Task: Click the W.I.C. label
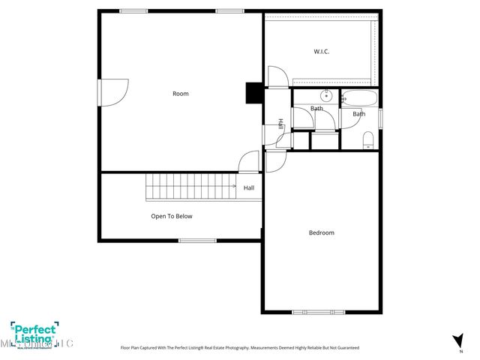pyautogui.click(x=322, y=52)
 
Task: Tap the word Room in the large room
pyautogui.click(x=181, y=94)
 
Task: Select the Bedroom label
pyautogui.click(x=322, y=232)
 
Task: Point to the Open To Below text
pyautogui.click(x=172, y=216)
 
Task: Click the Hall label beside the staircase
pyautogui.click(x=248, y=187)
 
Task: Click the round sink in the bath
pyautogui.click(x=327, y=96)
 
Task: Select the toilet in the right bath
pyautogui.click(x=367, y=140)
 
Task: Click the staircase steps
pyautogui.click(x=191, y=186)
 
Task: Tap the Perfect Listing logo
pyautogui.click(x=34, y=333)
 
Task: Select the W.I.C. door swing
pyautogui.click(x=277, y=77)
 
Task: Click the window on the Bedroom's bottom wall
pyautogui.click(x=318, y=311)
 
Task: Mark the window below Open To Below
pyautogui.click(x=197, y=240)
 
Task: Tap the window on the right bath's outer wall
pyautogui.click(x=380, y=118)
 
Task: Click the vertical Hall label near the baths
pyautogui.click(x=280, y=124)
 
